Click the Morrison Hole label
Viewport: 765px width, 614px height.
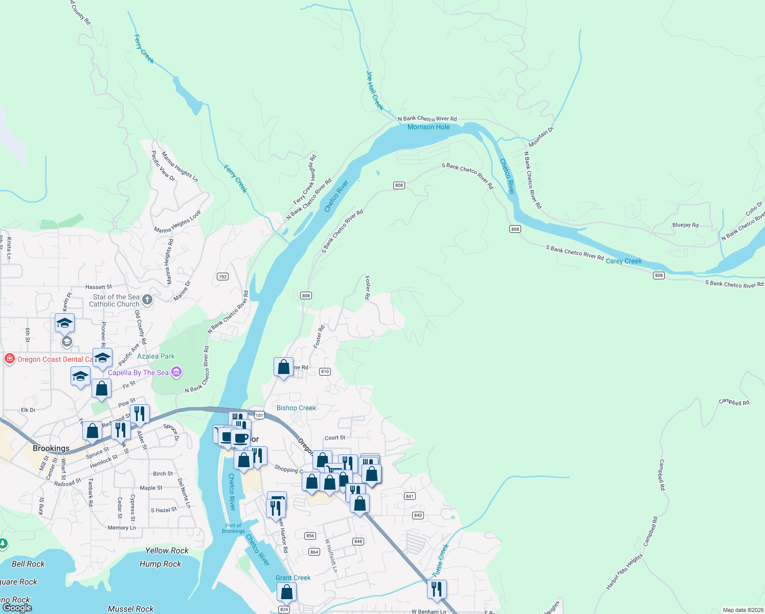429,127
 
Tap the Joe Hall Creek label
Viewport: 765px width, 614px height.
374,91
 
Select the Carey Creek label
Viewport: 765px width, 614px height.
623,261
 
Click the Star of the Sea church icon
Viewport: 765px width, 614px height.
147,300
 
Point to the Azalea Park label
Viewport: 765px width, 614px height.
156,356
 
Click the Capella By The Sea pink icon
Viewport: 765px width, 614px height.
176,372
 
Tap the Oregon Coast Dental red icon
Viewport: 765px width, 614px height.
9,359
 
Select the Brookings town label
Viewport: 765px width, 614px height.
51,448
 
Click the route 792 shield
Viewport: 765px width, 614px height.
222,277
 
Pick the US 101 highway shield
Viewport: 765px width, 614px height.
259,415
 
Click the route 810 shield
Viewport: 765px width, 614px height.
325,371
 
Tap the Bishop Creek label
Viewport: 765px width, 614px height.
296,408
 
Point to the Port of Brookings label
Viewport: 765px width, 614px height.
233,529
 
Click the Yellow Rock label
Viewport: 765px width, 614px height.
167,551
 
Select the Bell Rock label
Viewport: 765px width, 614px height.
28,564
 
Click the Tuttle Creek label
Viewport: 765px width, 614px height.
440,561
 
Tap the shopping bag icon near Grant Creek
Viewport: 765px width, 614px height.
287,592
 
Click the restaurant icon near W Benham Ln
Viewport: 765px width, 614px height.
437,589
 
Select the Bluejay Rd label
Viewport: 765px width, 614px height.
685,225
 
